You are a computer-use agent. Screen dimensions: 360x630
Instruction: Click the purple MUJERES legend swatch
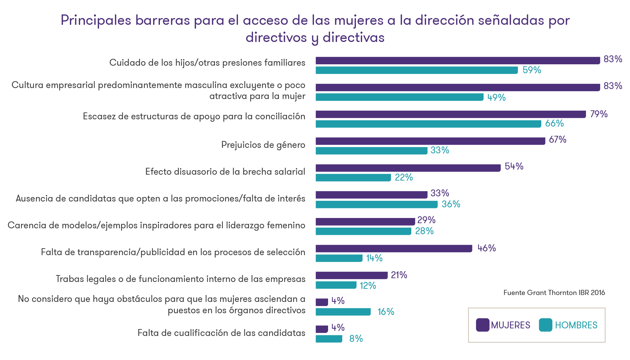coord(482,325)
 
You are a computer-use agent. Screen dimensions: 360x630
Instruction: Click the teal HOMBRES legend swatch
coord(545,325)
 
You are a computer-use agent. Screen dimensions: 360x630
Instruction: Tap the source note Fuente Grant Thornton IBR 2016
coord(554,293)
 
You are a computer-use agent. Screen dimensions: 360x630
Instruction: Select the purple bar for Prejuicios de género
coord(430,141)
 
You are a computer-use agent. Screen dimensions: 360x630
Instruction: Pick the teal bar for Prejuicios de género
coord(371,151)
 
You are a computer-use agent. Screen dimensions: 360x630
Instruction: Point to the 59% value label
coord(532,70)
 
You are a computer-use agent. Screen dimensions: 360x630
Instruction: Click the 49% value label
coord(496,97)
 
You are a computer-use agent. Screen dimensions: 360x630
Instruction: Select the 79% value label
coord(599,114)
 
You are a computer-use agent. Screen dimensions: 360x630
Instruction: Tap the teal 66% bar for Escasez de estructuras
coord(428,124)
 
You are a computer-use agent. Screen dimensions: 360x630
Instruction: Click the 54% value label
coord(514,166)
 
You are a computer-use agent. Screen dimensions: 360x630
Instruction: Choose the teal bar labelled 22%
coord(353,177)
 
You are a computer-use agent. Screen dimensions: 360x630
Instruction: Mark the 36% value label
coord(451,204)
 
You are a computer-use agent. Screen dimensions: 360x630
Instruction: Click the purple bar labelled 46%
coord(394,248)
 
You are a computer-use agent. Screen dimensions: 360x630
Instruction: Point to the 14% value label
coord(374,258)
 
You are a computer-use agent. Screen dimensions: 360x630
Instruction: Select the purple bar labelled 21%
coord(351,275)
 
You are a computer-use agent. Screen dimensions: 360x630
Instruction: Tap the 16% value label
coord(386,312)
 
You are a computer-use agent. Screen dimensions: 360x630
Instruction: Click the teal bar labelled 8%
coord(329,339)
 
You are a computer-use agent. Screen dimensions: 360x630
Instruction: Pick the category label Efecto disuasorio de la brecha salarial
coord(225,172)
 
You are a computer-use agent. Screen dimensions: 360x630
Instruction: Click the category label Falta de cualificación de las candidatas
coord(221,333)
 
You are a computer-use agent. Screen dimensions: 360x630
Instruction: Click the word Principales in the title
coord(96,21)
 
